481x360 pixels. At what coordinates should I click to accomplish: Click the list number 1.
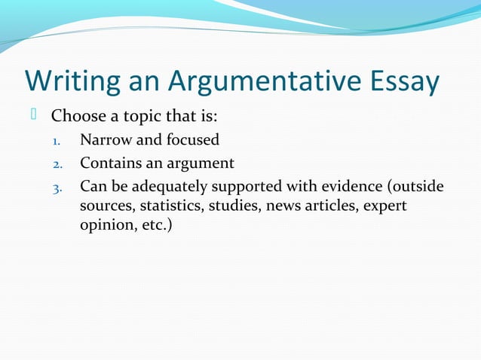pos(56,141)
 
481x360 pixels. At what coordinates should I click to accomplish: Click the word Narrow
pos(106,140)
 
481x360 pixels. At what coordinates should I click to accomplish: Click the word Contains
pos(111,163)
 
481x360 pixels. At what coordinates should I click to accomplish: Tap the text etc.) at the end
pos(154,225)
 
